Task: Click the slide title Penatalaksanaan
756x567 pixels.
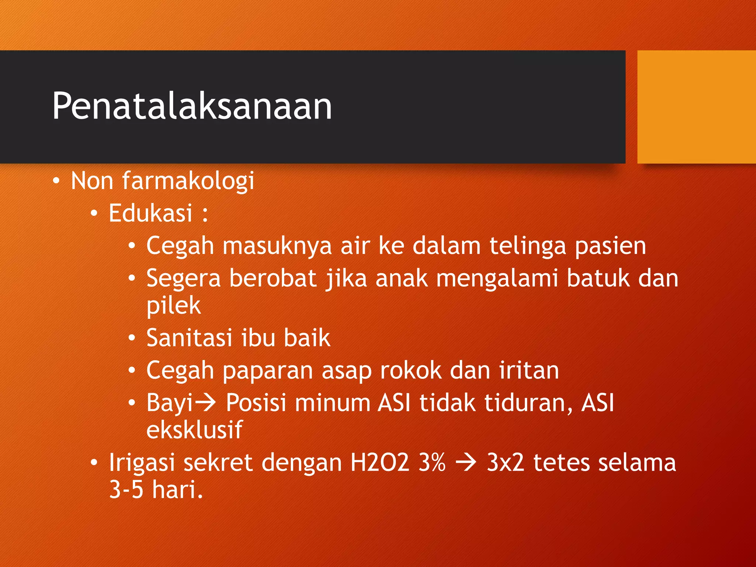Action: pyautogui.click(x=192, y=106)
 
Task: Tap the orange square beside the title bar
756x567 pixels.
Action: pyautogui.click(x=696, y=107)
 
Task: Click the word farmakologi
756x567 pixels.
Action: pyautogui.click(x=188, y=181)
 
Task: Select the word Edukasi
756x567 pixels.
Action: pyautogui.click(x=151, y=213)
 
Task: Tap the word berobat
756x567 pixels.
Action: pyautogui.click(x=273, y=278)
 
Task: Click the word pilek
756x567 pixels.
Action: pyautogui.click(x=173, y=306)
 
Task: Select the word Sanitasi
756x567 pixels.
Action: pyautogui.click(x=189, y=338)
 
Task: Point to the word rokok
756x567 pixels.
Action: pyautogui.click(x=411, y=370)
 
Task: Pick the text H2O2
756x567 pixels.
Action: pyautogui.click(x=380, y=463)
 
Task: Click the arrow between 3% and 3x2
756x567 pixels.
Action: pyautogui.click(x=466, y=463)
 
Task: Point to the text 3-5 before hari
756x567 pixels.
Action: pyautogui.click(x=126, y=490)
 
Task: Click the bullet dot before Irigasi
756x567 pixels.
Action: pyautogui.click(x=94, y=463)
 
